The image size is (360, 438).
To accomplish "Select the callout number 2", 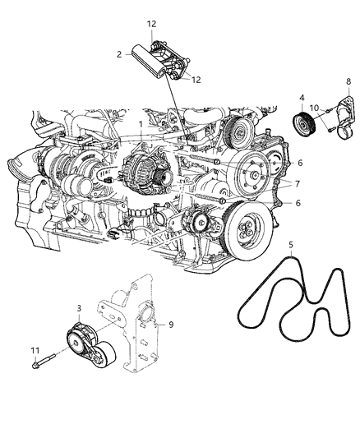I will click(119, 54).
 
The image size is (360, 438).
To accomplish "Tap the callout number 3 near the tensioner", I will click(79, 307).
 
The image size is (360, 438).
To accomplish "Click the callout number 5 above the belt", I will click(290, 246).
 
